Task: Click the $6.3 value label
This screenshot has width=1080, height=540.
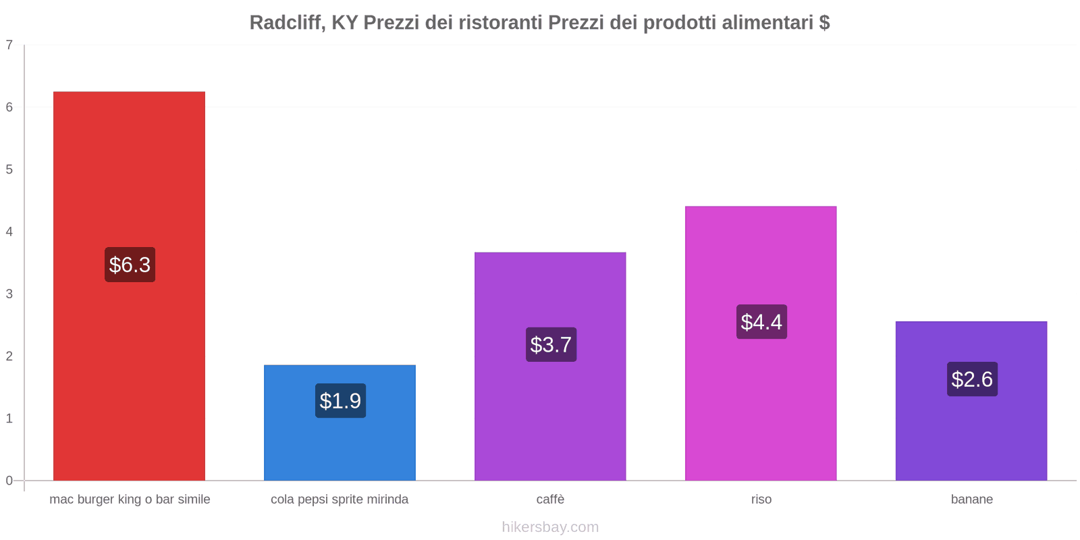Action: coord(130,265)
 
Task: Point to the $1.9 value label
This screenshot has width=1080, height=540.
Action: coord(340,401)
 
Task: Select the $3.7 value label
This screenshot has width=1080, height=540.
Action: coord(551,345)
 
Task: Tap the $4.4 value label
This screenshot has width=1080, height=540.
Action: coord(761,322)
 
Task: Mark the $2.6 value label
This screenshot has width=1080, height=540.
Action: coord(972,379)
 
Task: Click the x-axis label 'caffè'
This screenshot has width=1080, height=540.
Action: coord(550,500)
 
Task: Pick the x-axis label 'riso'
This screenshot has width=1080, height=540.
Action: coord(761,500)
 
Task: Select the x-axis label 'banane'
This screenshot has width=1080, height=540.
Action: coord(971,500)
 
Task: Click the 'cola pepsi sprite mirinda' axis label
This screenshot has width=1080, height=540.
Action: coord(340,500)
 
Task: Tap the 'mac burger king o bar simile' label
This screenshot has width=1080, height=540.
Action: coord(130,500)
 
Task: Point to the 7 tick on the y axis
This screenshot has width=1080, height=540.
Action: coord(9,45)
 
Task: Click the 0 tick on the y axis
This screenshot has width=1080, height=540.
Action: coord(9,481)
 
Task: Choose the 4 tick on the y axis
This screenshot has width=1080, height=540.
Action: coord(9,232)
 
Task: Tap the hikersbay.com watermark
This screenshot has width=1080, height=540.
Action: coord(550,527)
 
